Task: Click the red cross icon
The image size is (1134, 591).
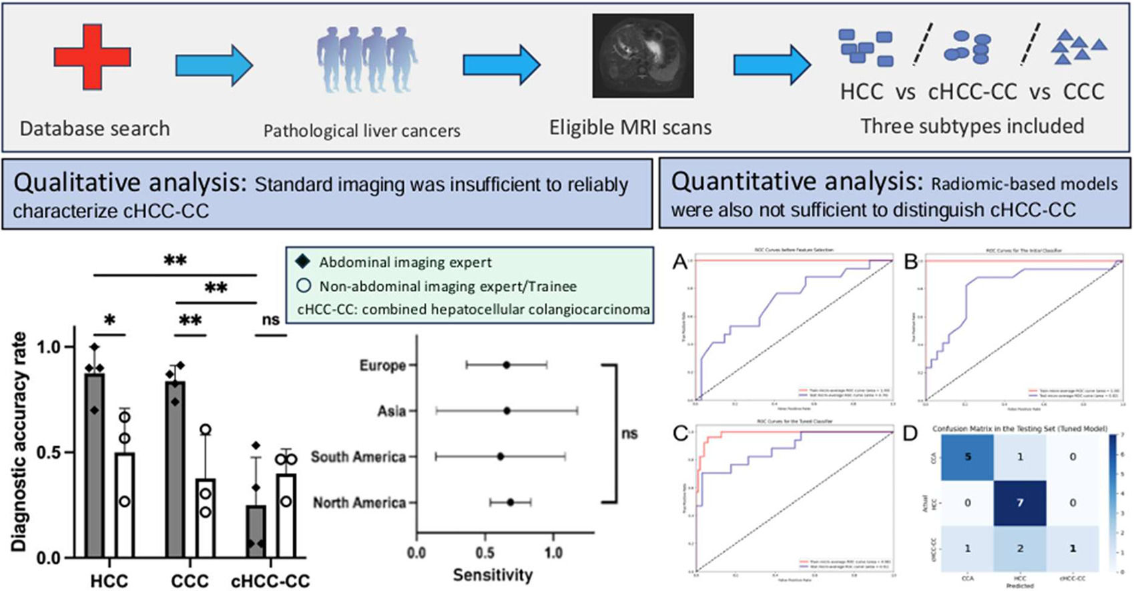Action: point(92,57)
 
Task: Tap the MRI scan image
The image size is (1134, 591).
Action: point(643,56)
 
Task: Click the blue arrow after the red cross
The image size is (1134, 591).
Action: point(214,65)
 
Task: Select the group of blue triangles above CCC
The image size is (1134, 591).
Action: point(1077,48)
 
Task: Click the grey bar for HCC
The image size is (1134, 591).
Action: point(95,466)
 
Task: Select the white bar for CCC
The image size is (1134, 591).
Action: point(206,518)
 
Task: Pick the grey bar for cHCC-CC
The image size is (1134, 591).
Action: point(256,531)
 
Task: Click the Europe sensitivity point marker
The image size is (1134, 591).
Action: point(507,365)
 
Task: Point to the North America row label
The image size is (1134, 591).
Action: point(359,502)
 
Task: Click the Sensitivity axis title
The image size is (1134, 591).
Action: point(493,575)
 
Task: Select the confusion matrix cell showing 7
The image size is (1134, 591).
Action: point(1020,502)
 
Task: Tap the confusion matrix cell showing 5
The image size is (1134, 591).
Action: point(967,457)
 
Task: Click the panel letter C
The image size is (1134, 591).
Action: point(680,434)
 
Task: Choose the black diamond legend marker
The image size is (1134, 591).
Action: point(303,261)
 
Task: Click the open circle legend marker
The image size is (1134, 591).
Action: point(303,285)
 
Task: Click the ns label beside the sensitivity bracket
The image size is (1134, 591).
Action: point(629,434)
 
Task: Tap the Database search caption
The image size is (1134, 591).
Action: point(95,128)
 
